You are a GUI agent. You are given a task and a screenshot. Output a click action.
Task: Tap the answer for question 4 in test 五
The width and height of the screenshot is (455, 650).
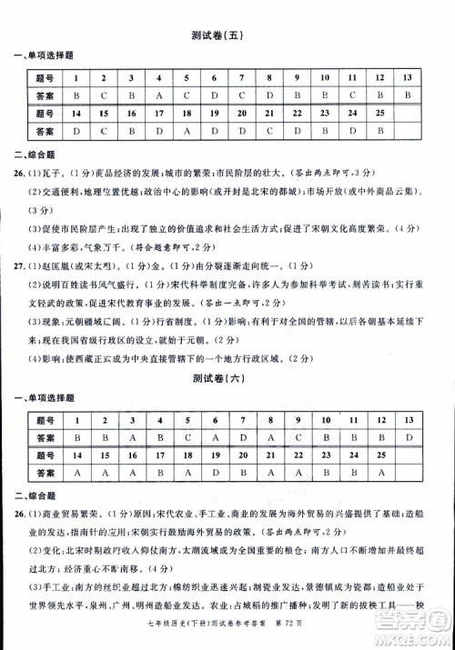coord(159,95)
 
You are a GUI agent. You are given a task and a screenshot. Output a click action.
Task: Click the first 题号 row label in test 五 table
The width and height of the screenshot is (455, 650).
coord(45,77)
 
